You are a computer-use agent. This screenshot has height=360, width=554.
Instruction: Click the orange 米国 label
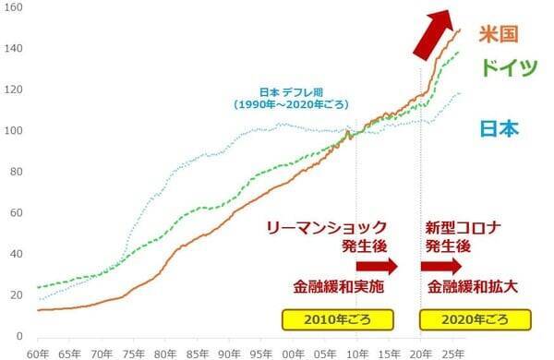(496, 34)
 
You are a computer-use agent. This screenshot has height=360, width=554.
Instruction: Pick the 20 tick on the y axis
(16, 294)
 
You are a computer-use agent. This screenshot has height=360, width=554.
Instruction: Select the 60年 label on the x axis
(38, 354)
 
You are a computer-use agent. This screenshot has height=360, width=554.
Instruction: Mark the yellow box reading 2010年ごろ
(337, 320)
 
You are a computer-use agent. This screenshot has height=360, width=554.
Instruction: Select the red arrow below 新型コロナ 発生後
(440, 267)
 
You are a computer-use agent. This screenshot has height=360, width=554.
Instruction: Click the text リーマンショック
(325, 226)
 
